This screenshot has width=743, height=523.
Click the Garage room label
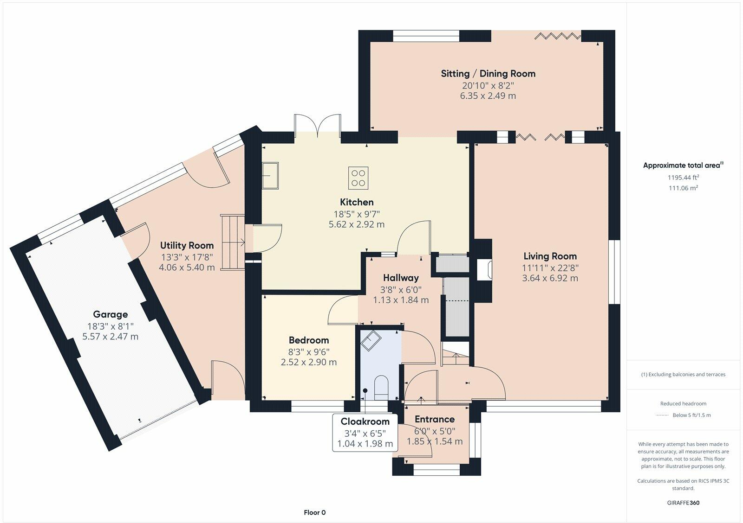(111, 314)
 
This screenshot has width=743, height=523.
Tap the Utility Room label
(187, 245)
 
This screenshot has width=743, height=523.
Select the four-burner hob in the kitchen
(358, 178)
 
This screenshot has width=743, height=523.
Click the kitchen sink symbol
(270, 176)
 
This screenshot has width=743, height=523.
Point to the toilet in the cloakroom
(381, 387)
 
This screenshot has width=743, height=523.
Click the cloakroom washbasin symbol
(371, 340)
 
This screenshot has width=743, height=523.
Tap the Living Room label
(550, 256)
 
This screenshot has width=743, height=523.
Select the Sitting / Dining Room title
(488, 74)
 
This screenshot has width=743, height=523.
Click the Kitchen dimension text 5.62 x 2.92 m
(357, 224)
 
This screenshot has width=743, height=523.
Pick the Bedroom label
(309, 340)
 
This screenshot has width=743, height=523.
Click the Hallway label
(401, 278)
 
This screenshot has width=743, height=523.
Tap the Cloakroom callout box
(365, 432)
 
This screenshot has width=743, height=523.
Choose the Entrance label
(435, 419)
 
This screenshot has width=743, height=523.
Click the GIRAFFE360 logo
(683, 503)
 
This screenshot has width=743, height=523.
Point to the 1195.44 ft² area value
(683, 178)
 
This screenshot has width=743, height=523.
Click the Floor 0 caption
(314, 513)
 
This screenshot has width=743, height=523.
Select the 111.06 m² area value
(683, 188)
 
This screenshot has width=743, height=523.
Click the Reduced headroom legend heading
(683, 403)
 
